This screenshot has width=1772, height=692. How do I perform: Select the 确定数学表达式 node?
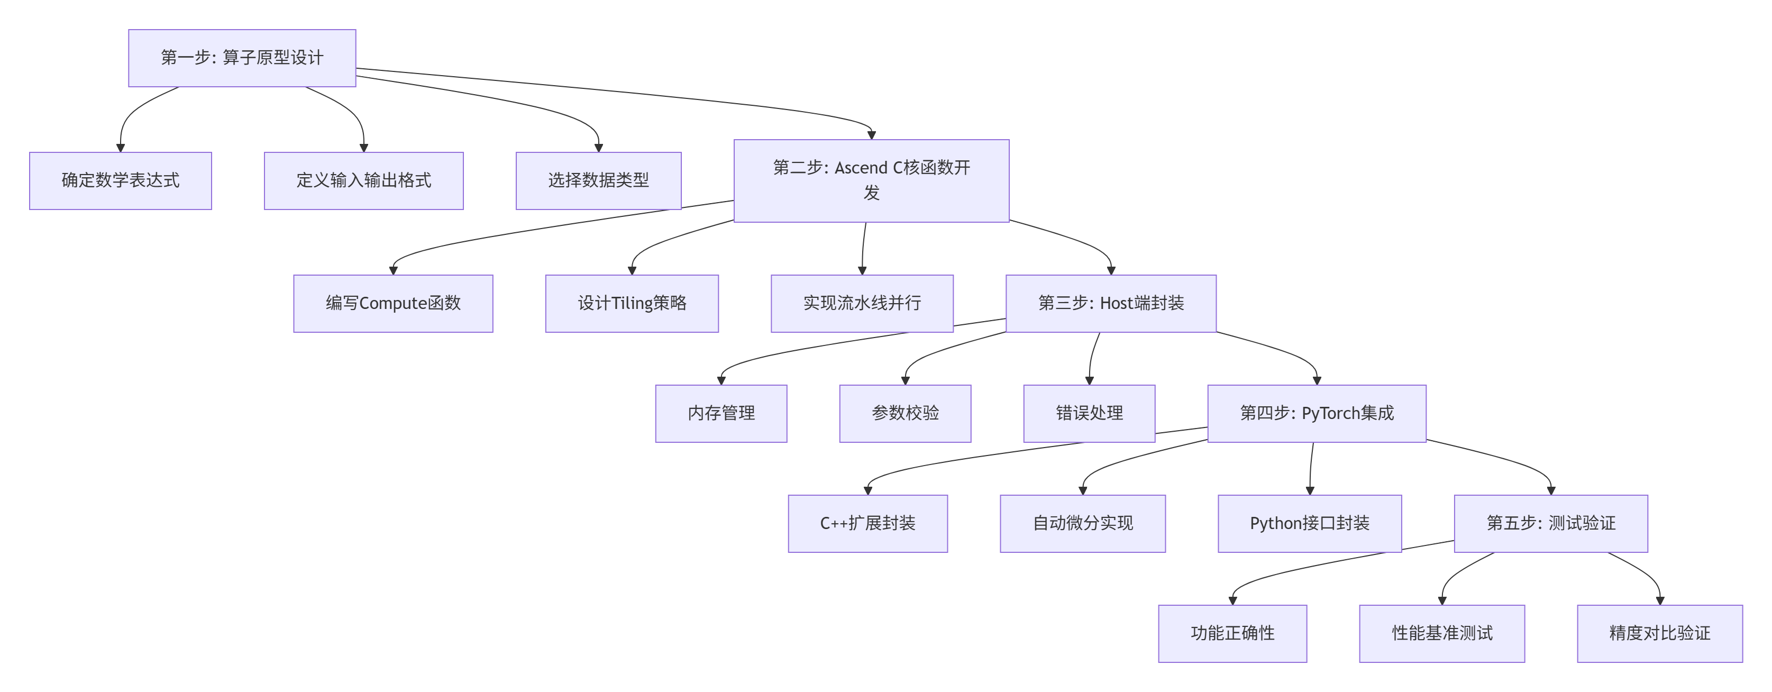pos(121,180)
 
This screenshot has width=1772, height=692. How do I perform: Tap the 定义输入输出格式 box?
pos(363,180)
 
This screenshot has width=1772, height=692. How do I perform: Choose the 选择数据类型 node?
pos(598,180)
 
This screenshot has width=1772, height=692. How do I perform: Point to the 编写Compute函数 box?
pos(393,303)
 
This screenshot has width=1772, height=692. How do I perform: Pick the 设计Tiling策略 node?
pos(632,303)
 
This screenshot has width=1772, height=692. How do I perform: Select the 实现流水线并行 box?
pos(861,303)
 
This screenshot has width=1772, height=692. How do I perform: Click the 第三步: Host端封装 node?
pos(1110,303)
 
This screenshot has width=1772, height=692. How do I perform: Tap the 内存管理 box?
pos(721,413)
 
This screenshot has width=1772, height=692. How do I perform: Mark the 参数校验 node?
pos(905,413)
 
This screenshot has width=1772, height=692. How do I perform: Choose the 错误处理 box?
pos(1089,413)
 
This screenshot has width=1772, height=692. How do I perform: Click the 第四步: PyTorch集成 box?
pos(1316,413)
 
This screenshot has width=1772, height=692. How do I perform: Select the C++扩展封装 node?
pos(867,523)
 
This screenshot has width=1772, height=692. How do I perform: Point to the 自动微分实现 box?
pos(1082,523)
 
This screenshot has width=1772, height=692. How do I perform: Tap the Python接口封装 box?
pos(1309,523)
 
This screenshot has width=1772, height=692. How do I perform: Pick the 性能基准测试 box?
pos(1442,633)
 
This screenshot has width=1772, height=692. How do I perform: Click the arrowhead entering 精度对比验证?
pos(1660,600)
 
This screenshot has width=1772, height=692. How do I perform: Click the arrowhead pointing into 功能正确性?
pos(1232,600)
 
